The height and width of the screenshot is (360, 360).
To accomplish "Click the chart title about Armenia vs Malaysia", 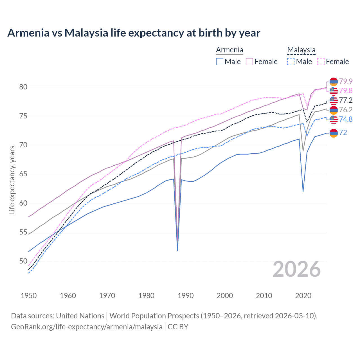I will (x=134, y=33).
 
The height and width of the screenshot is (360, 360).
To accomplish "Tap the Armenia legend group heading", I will (x=229, y=50).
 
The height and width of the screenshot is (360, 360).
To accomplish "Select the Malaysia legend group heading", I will (x=301, y=50).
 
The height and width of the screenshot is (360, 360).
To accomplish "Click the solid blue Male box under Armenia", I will (x=220, y=62).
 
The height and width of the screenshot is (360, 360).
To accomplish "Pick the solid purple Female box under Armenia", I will (x=249, y=62).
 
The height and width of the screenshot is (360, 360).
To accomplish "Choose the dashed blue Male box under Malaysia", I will (x=291, y=62).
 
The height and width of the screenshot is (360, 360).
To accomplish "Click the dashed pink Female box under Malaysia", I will (x=321, y=62).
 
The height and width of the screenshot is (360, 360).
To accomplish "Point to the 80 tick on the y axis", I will (x=23, y=87).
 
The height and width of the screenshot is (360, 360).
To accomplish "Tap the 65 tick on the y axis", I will (x=23, y=174).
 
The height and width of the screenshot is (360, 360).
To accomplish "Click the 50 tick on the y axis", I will (x=23, y=261).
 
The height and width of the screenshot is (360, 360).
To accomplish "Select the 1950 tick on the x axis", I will (x=29, y=296).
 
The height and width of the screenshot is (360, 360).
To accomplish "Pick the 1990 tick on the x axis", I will (x=186, y=296).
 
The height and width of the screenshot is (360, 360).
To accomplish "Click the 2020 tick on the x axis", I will (x=303, y=296).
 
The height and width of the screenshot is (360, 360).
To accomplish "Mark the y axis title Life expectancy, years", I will (x=12, y=180).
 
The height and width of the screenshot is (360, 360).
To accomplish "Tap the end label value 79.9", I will (x=346, y=81).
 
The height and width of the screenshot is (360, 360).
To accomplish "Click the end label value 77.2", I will (x=346, y=100).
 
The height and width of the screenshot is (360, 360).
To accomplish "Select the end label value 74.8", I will (x=346, y=119).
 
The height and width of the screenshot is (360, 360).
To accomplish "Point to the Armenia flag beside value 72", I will (x=334, y=133).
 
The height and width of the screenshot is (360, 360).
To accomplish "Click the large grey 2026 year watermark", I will (x=297, y=269).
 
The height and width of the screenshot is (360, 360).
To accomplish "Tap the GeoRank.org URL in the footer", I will (x=87, y=327).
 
